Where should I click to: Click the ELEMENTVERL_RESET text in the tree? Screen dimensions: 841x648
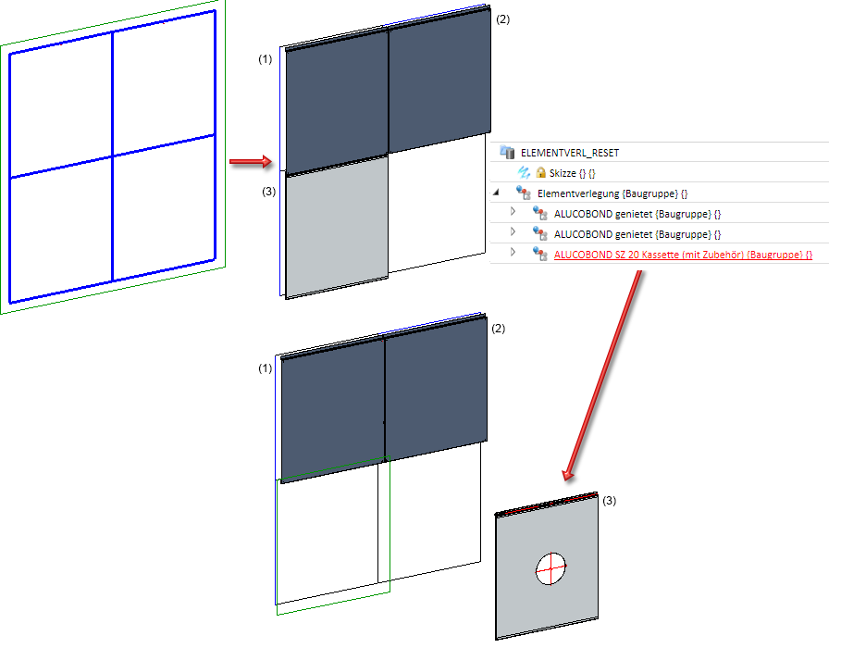pos(570,153)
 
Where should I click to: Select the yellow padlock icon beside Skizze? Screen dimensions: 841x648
pos(540,172)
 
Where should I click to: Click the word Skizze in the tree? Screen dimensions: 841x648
pos(563,173)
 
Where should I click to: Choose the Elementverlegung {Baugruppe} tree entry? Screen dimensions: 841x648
pos(612,193)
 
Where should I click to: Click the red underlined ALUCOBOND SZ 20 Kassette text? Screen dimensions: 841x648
pos(683,255)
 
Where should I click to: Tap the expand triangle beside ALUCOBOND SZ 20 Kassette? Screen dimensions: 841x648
pos(513,252)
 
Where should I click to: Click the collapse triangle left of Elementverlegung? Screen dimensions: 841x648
pos(496,192)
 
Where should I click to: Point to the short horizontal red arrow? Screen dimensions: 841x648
pos(251,162)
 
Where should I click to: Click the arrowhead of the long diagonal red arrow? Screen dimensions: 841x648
pos(568,475)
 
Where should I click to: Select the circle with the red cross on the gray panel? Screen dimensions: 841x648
pos(550,568)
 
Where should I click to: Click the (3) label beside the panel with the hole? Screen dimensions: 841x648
pos(609,501)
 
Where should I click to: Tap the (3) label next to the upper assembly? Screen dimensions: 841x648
pos(268,191)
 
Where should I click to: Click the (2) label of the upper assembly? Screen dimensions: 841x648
pos(502,19)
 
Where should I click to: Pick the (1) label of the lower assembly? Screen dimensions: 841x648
pos(265,368)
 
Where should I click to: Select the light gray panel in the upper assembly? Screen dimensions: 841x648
pos(337,227)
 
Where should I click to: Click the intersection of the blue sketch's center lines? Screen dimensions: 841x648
pos(113,156)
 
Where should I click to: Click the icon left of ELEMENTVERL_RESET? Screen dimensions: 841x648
pos(507,152)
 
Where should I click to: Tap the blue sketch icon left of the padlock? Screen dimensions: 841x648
pos(524,172)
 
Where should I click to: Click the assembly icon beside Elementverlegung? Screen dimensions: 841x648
pos(524,193)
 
